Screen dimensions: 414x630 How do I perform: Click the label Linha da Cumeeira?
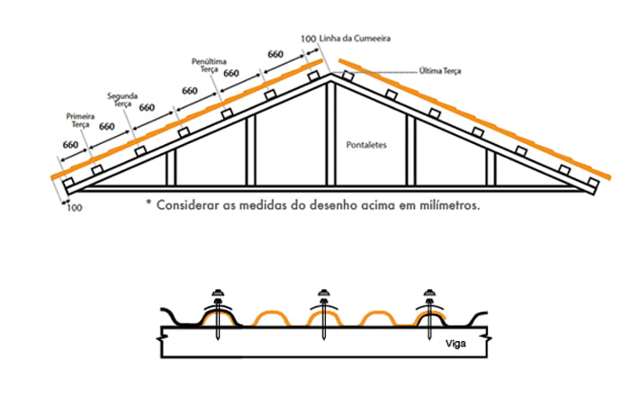point(355,39)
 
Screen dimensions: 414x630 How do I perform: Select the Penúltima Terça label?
point(209,65)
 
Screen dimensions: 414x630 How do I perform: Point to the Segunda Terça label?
point(121,99)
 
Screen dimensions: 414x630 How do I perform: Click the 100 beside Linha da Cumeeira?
point(308,40)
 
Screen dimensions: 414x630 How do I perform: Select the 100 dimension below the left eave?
point(74,209)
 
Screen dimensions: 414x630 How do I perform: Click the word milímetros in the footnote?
point(440,204)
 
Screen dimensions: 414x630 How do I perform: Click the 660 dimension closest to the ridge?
point(276,55)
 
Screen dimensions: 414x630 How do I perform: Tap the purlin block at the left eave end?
point(70,184)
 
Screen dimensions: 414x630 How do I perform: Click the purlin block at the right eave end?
point(591,184)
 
